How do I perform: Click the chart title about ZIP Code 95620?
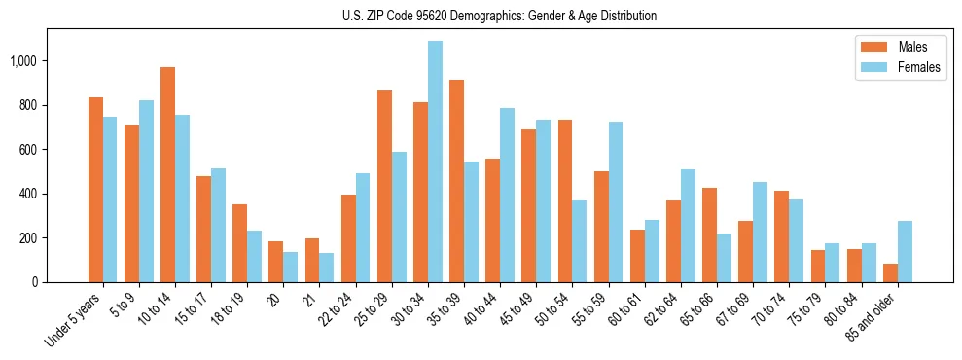[x=499, y=16]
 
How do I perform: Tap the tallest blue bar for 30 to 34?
[x=435, y=162]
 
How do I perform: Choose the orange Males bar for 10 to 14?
[x=167, y=175]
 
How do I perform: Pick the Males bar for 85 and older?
[x=890, y=273]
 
